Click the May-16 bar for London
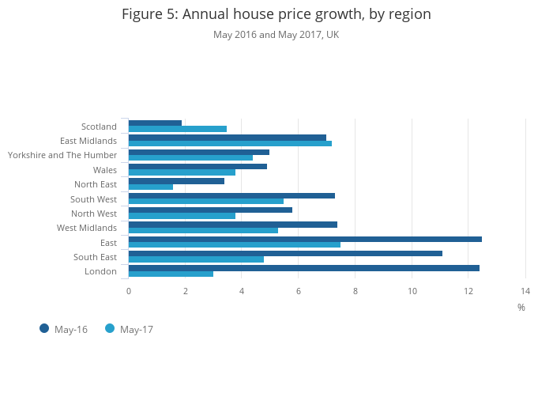pos(304,268)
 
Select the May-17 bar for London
pos(171,274)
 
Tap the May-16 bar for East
pos(305,239)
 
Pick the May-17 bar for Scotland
pos(178,129)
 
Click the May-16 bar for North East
pos(176,181)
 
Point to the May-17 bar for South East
pos(196,259)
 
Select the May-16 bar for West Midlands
pos(233,225)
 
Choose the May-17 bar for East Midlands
pos(230,143)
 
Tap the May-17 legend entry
pos(129,329)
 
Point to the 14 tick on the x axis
pos(525,291)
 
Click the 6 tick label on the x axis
pos(299,291)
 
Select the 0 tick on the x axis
pos(129,291)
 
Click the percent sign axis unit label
pos(521,308)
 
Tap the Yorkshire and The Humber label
pos(62,155)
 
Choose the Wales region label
pos(105,170)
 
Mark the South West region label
pos(93,199)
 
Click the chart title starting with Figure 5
pos(276,14)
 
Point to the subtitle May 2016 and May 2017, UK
pos(276,35)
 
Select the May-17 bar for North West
pos(182,216)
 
